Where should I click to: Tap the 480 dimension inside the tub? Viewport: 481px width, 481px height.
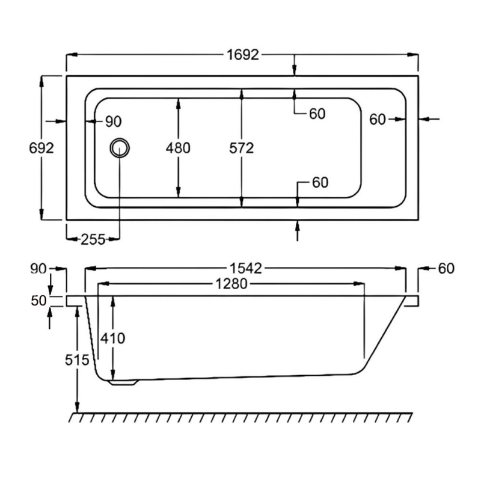coord(178,148)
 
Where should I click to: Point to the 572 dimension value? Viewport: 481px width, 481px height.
coord(241,148)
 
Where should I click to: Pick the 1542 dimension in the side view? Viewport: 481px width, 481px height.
coord(245,269)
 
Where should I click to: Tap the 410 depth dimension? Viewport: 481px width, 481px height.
coord(113,339)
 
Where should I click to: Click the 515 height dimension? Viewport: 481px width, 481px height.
coord(78,360)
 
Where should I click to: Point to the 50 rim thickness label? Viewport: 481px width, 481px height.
coord(39,301)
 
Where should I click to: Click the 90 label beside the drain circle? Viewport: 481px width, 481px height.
coord(113,121)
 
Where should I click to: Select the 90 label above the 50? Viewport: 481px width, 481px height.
coord(39,269)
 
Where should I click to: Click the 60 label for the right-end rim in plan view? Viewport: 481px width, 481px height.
coord(378,120)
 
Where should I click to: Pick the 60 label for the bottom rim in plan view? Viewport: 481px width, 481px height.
coord(320,183)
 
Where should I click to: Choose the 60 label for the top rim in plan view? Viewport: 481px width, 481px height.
coord(317,113)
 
